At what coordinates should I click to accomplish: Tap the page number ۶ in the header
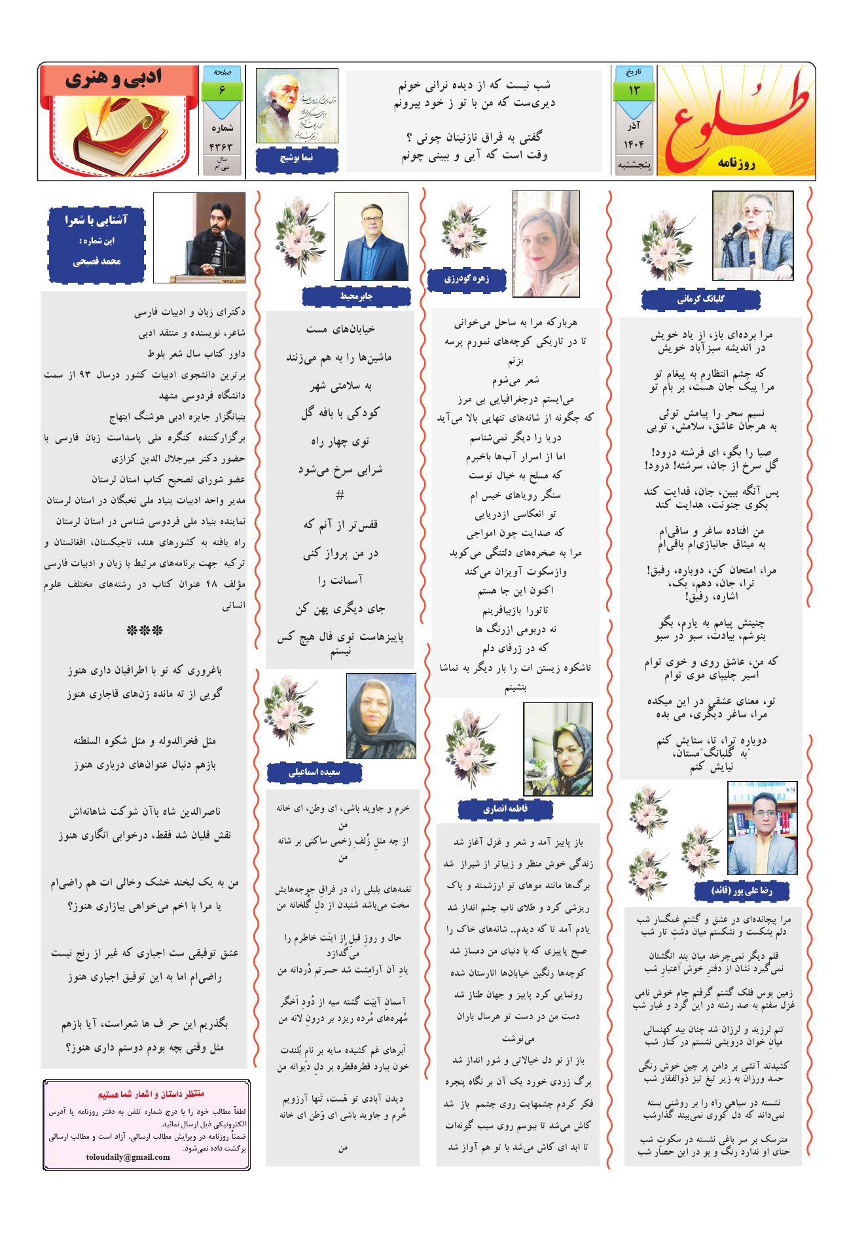(x=222, y=90)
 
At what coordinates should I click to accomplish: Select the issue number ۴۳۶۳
(x=222, y=146)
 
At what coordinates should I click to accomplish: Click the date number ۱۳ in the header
(x=634, y=89)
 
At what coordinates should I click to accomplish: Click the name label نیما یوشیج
(x=297, y=158)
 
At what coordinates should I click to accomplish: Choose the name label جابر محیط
(x=356, y=296)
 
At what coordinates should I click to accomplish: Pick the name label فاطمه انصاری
(x=505, y=809)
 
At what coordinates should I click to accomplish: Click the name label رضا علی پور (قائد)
(x=743, y=891)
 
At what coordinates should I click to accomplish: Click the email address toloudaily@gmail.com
(x=128, y=1156)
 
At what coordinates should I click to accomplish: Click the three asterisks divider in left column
(x=145, y=632)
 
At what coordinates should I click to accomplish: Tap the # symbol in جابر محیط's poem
(x=339, y=496)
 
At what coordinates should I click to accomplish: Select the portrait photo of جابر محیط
(x=370, y=237)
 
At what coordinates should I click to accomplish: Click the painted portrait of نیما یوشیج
(x=297, y=106)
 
